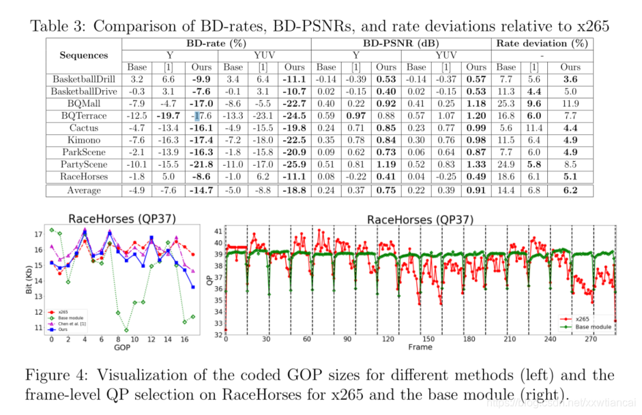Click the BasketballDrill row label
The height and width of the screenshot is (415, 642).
click(x=83, y=79)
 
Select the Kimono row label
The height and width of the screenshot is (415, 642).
click(x=83, y=139)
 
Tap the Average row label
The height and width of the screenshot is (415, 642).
click(x=83, y=190)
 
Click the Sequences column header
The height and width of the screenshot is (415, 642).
click(x=83, y=55)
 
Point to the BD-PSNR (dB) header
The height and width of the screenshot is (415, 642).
click(x=400, y=42)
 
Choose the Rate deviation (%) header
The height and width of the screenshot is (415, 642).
click(x=542, y=42)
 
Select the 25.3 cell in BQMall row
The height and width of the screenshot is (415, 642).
click(x=506, y=103)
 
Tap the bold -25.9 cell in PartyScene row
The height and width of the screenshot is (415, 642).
click(x=295, y=164)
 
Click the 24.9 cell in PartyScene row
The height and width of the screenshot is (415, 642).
click(x=506, y=164)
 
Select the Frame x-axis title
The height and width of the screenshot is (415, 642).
click(x=420, y=347)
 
